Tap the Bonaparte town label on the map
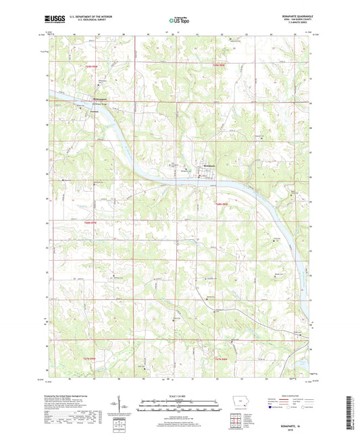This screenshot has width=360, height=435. pos(209,166)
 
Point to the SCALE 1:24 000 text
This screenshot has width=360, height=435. pos(179,396)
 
